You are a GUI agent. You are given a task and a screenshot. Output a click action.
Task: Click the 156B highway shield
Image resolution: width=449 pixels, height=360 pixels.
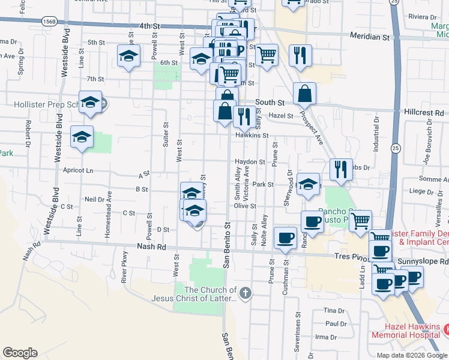point(50,22)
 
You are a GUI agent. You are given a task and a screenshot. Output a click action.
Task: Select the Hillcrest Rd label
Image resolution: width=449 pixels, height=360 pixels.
point(423,112)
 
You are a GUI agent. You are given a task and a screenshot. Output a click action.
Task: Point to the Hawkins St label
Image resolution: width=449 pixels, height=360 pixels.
point(252,136)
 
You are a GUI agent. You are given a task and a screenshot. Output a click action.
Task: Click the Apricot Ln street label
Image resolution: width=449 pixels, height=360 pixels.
point(79,170)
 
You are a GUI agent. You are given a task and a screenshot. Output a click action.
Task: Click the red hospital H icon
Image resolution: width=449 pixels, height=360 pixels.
point(445,329)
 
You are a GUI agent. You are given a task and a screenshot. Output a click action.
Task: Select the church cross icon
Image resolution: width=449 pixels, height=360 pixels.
point(244,293)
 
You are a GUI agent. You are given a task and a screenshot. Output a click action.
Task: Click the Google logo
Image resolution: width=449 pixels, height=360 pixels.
point(20,353)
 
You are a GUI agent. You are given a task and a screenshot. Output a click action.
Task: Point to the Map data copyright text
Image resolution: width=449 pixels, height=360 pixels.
point(412,355)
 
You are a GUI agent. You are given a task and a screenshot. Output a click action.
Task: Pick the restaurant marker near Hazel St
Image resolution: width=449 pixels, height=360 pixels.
point(243,116)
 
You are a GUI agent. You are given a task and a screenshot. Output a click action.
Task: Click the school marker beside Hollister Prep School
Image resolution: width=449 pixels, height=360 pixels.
point(89,103)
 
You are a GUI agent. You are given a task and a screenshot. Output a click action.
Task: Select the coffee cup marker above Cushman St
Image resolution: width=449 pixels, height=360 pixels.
point(285,237)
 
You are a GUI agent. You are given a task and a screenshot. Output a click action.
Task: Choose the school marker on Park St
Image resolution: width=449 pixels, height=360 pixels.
point(308,184)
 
